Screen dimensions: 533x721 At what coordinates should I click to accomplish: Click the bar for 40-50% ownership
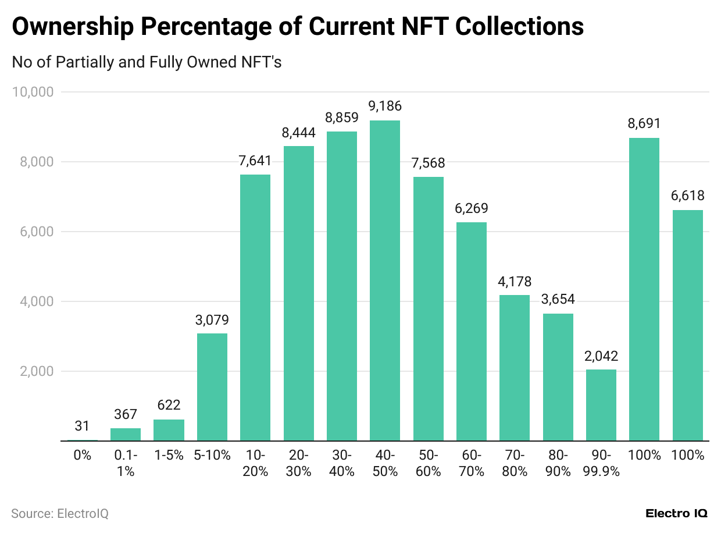coord(385,280)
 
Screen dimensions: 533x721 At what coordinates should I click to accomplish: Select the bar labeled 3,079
coord(212,387)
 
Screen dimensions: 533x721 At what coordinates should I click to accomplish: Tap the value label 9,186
coord(385,106)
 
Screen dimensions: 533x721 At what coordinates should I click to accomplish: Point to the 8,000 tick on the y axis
coord(36,162)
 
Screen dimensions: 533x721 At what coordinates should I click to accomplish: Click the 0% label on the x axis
coord(83,455)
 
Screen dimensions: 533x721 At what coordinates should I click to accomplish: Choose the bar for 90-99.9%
coord(601,405)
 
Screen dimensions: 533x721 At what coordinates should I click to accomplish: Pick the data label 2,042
coord(601,356)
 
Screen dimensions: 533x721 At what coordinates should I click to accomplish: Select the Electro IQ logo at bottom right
coord(676,513)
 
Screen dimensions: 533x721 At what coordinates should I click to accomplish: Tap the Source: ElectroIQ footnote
coord(60,513)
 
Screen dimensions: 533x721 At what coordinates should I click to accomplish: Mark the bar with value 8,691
coord(644,289)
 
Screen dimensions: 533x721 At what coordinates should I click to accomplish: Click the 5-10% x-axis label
coord(212,455)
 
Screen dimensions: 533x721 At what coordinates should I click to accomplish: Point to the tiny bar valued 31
coord(83,440)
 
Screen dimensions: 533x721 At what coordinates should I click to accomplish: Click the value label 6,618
coord(687,196)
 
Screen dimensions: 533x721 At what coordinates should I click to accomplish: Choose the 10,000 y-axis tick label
coord(33,92)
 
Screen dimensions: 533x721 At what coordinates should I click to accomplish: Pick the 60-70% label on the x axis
coord(472,463)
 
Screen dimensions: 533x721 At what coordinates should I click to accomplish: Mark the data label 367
coord(126,414)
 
